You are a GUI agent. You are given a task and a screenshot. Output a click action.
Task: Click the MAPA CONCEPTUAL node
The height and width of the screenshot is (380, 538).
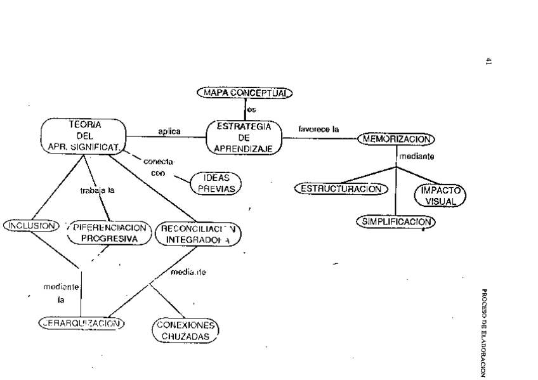point(244,93)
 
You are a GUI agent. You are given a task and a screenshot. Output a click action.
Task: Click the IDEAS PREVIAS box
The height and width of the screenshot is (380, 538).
point(217,183)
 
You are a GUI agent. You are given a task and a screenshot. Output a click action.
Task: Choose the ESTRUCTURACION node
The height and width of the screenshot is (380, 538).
point(341,189)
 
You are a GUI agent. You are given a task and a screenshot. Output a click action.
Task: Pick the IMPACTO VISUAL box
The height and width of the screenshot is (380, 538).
point(440,195)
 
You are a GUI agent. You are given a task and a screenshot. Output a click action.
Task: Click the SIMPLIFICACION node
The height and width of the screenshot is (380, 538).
point(397,221)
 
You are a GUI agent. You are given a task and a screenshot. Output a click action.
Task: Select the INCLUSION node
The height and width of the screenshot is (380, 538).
point(30,225)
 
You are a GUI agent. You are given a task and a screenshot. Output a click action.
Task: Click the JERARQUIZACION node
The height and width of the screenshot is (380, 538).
point(80,322)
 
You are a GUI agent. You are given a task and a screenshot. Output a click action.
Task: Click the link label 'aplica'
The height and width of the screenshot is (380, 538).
point(169,131)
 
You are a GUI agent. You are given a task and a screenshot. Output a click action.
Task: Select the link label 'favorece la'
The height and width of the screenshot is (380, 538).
point(318,129)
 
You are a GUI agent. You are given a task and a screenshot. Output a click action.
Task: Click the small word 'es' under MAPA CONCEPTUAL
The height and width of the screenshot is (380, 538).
point(251,109)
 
